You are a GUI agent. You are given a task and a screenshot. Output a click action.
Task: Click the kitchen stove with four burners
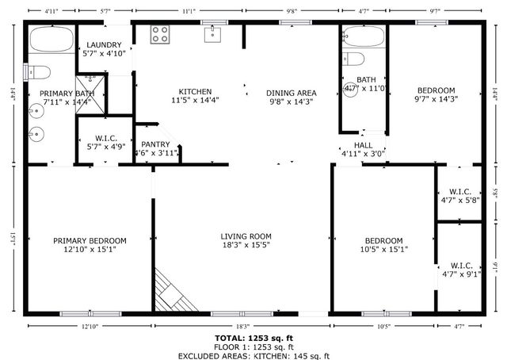pyautogui.click(x=160, y=34)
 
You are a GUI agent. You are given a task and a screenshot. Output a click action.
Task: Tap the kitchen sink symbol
pyautogui.click(x=212, y=33)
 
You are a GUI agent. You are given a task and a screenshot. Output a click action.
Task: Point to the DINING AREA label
pyautogui.click(x=291, y=93)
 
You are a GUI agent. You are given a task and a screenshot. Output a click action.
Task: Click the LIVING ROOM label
pyautogui.click(x=246, y=236)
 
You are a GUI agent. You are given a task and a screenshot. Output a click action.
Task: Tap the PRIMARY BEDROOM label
pyautogui.click(x=90, y=240)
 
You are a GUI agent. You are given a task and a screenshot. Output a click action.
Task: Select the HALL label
pyautogui.click(x=362, y=145)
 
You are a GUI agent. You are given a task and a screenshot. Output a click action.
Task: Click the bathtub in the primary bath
pyautogui.click(x=49, y=40)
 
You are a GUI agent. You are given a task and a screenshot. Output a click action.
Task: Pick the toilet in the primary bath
pyautogui.click(x=39, y=72)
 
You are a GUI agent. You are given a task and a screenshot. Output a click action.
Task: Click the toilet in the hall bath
pyautogui.click(x=353, y=59)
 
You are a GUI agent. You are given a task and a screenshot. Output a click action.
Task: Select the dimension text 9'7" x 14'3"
pyautogui.click(x=436, y=100)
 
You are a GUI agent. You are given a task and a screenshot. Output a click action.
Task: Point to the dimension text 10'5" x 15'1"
pyautogui.click(x=383, y=251)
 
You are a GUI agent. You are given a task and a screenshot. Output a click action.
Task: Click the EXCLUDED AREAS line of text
pyautogui.click(x=253, y=356)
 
